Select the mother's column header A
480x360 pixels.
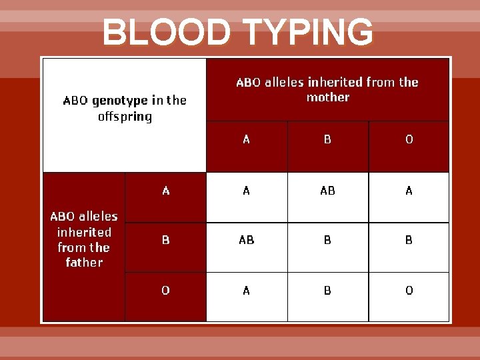[x=247, y=139]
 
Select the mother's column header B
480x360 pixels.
[x=327, y=139]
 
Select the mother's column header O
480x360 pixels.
[x=409, y=139]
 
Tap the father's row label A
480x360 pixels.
[x=166, y=191]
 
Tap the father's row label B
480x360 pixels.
[x=166, y=240]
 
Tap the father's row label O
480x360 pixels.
[x=166, y=290]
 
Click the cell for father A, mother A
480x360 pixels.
[x=247, y=191]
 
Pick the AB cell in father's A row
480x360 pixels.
[x=327, y=191]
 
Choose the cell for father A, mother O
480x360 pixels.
[x=409, y=191]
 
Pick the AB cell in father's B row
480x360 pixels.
[x=247, y=240]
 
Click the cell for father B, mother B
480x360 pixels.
[x=327, y=240]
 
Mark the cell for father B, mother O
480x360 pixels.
[x=409, y=240]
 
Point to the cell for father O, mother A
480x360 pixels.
[x=247, y=290]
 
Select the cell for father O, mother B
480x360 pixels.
[x=327, y=290]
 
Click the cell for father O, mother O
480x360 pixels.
[x=409, y=290]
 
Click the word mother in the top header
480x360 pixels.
[x=327, y=97]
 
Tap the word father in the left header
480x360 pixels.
[x=84, y=262]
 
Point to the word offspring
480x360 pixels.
[x=125, y=117]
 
